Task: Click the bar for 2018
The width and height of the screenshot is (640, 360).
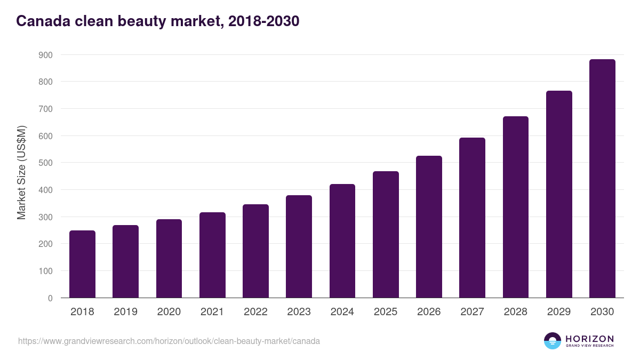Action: pyautogui.click(x=82, y=264)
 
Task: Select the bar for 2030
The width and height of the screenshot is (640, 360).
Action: pyautogui.click(x=602, y=179)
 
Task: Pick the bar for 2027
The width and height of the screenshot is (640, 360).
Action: pyautogui.click(x=472, y=218)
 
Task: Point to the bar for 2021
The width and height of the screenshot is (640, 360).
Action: pyautogui.click(x=212, y=255)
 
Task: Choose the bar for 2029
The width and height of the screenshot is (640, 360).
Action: pyautogui.click(x=559, y=194)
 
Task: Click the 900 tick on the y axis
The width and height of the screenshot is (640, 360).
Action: pyautogui.click(x=45, y=55)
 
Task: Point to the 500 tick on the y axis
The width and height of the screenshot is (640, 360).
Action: pyautogui.click(x=45, y=163)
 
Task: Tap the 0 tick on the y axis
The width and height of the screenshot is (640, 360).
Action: pyautogui.click(x=50, y=298)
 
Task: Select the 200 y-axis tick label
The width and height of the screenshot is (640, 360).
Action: pyautogui.click(x=45, y=244)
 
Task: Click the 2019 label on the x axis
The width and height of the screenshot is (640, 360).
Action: pyautogui.click(x=126, y=312)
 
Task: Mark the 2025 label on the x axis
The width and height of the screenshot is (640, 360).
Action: pyautogui.click(x=386, y=312)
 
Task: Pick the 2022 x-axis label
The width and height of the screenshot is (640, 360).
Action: pyautogui.click(x=255, y=312)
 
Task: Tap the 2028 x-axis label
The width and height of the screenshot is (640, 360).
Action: pyautogui.click(x=516, y=312)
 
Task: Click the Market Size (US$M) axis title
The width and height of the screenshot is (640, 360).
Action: pyautogui.click(x=21, y=172)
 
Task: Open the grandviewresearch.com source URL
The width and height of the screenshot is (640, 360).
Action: pyautogui.click(x=169, y=341)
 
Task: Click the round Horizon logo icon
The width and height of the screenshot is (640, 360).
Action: pyautogui.click(x=553, y=341)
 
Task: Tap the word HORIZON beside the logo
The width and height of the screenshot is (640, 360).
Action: pyautogui.click(x=589, y=339)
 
